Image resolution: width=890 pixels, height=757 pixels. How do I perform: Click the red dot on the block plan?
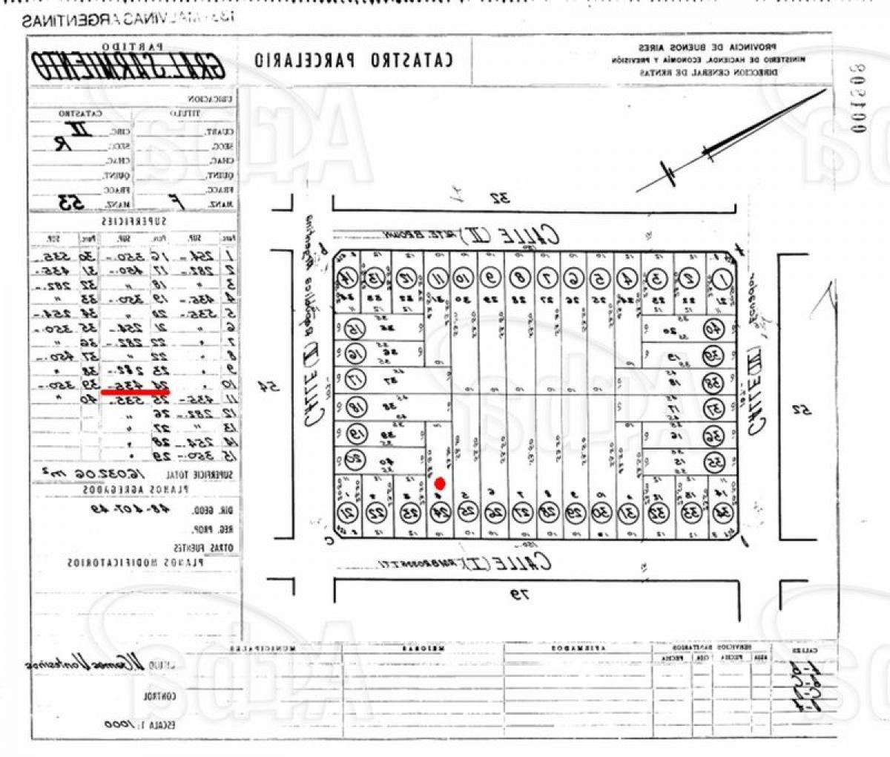click(439, 484)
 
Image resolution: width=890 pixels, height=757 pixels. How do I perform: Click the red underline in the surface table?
click(136, 391)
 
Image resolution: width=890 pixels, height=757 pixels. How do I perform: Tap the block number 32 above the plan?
click(498, 198)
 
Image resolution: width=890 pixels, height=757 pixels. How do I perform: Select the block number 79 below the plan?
click(521, 593)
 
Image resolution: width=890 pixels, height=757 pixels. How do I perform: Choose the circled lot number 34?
click(722, 512)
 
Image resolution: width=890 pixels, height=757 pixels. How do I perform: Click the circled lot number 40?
click(713, 329)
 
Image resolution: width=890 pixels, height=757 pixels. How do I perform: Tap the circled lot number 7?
click(547, 280)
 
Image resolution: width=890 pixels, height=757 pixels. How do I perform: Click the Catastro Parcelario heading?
click(353, 60)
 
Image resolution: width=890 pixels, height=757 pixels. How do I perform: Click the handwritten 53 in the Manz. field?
click(72, 203)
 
